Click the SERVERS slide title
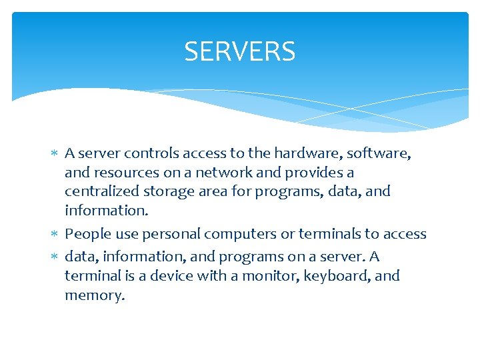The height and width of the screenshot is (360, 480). (239, 51)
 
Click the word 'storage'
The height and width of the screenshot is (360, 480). (173, 191)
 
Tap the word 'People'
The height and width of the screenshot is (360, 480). (87, 234)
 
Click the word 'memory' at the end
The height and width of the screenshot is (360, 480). (93, 295)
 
